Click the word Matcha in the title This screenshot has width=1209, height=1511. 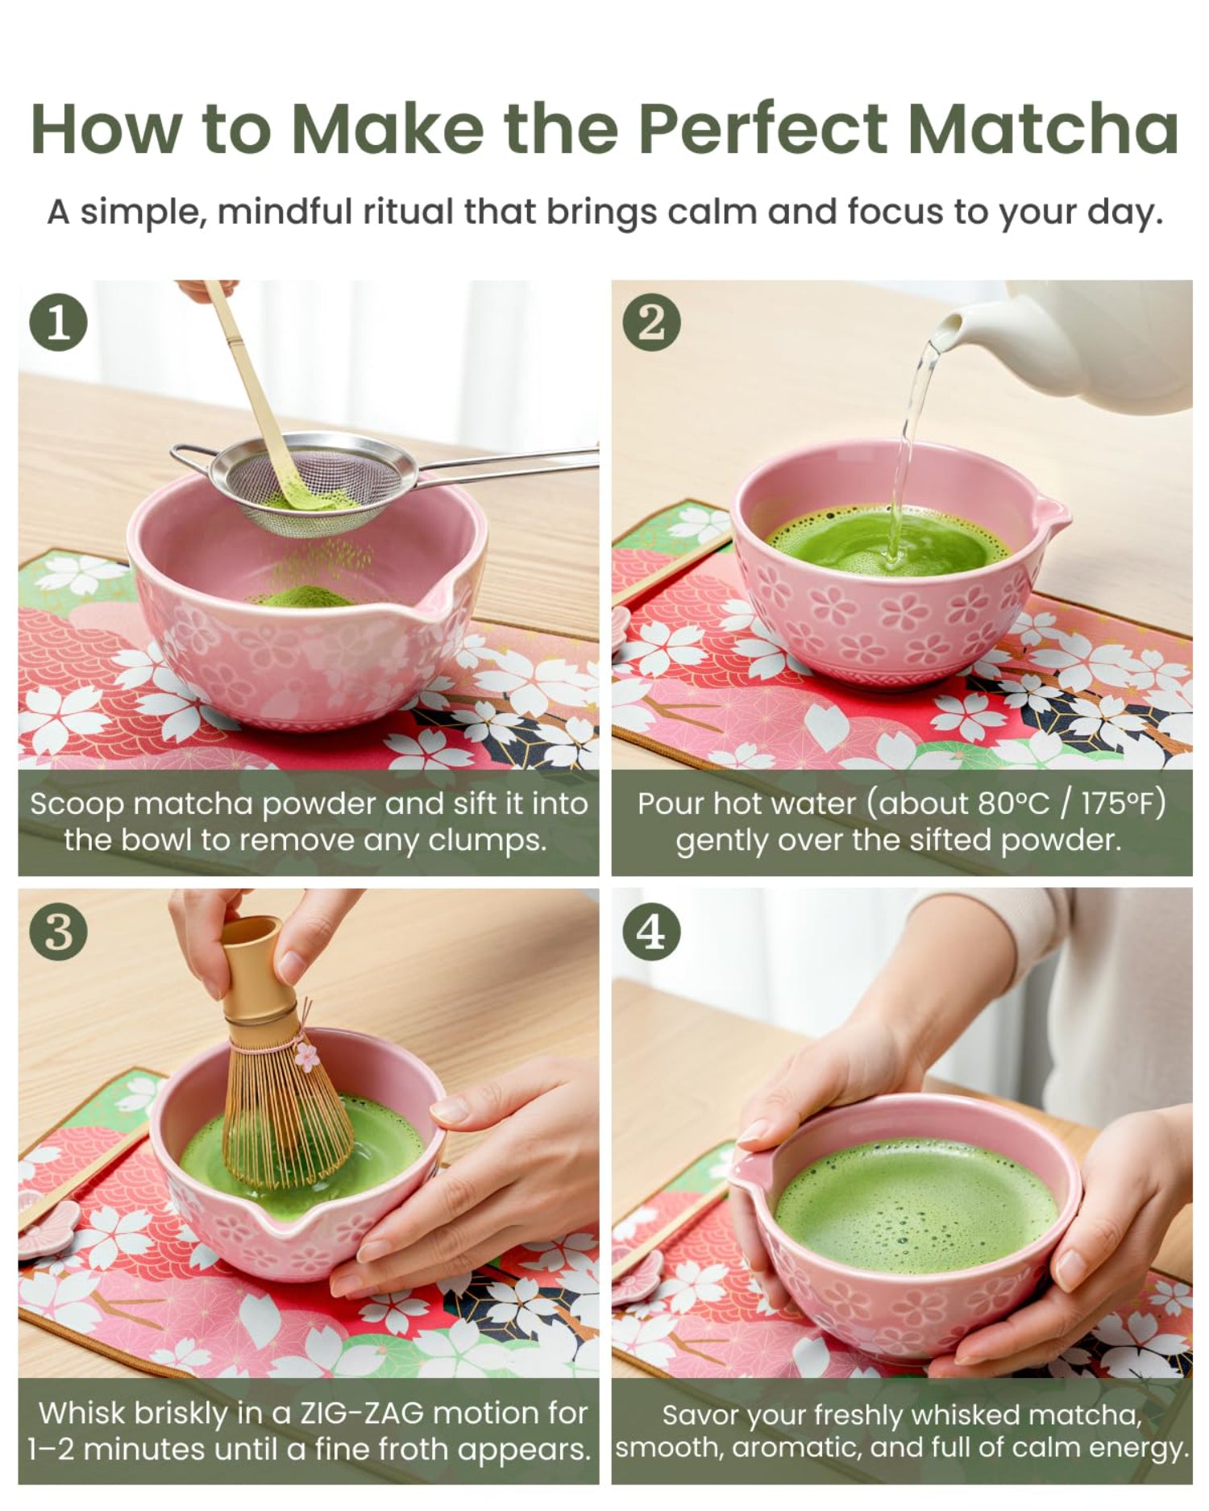point(1043,129)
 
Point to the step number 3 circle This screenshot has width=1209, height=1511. point(58,932)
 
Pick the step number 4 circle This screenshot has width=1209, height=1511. point(651,932)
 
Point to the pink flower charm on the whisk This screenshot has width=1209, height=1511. point(306,1055)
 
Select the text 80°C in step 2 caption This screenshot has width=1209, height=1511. point(1018,803)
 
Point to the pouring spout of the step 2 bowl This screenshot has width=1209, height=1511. point(1053,511)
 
